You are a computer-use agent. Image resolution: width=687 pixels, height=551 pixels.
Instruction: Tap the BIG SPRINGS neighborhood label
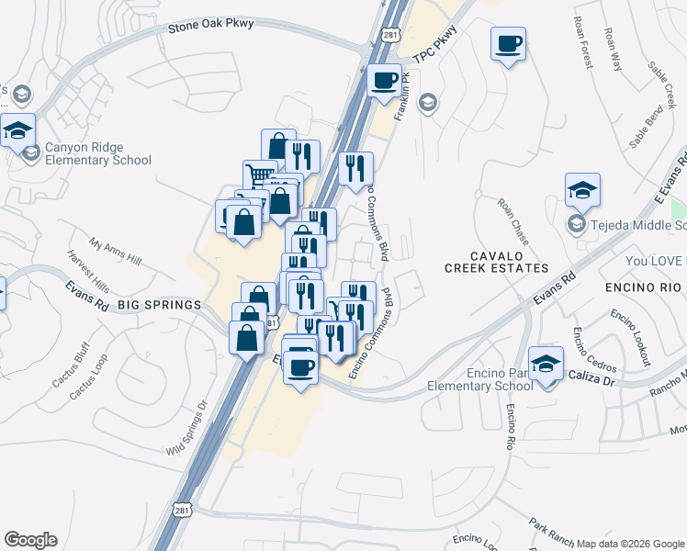(x=158, y=305)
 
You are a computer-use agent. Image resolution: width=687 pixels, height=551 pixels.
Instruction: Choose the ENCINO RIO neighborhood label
(x=644, y=287)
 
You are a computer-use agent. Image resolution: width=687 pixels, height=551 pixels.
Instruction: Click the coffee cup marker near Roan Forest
(x=508, y=44)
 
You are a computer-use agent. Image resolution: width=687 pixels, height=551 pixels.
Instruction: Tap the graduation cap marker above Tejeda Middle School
(x=582, y=190)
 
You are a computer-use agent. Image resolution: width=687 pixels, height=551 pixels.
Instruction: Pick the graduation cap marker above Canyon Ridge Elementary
(x=17, y=130)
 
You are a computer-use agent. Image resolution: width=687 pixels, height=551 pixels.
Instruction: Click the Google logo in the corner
(x=30, y=540)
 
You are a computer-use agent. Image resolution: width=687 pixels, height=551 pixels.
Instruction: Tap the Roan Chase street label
(x=513, y=220)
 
